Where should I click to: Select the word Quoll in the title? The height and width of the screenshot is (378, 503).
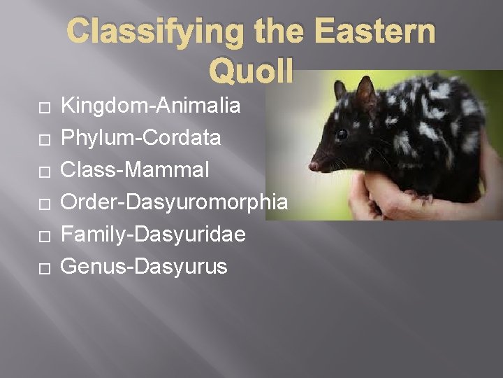coord(251,69)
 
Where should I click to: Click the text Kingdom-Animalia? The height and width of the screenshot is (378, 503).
coord(151,106)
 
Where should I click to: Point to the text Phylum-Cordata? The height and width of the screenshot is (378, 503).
coord(141,139)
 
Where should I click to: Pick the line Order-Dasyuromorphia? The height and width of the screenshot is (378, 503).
coord(175,202)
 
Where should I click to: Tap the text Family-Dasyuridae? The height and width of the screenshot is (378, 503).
coord(153,234)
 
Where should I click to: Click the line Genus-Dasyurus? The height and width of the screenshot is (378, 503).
coord(144,267)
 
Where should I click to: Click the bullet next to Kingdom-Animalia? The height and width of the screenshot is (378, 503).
coord(44,108)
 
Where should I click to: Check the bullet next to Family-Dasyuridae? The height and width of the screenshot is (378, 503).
coord(44,236)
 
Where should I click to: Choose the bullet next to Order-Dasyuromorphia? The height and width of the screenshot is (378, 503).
coord(44,204)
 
